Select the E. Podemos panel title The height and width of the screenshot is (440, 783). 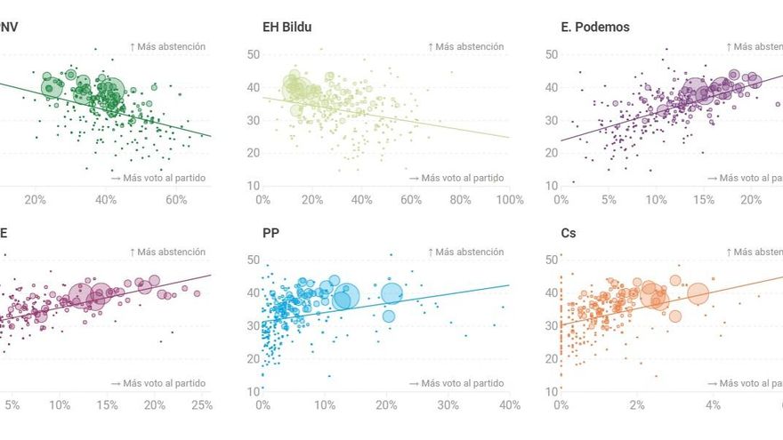594,28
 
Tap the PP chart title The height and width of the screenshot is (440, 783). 270,233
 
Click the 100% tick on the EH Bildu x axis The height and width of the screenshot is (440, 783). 510,200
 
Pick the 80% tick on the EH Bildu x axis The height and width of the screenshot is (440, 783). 460,200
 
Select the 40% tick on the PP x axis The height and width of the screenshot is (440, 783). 510,405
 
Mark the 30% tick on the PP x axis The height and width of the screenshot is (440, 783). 448,405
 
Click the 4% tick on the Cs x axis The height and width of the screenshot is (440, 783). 713,405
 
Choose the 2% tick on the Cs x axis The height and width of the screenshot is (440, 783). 637,405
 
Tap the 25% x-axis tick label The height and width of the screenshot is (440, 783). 202,405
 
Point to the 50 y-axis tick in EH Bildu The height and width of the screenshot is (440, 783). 253,55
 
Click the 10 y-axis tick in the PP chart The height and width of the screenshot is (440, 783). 253,391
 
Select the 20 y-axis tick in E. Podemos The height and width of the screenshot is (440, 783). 551,153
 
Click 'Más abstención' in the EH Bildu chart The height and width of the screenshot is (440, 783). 465,46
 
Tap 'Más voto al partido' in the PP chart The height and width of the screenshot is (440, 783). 456,383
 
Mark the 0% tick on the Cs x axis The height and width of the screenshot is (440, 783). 561,405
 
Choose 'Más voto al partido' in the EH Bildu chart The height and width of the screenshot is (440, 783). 456,178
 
